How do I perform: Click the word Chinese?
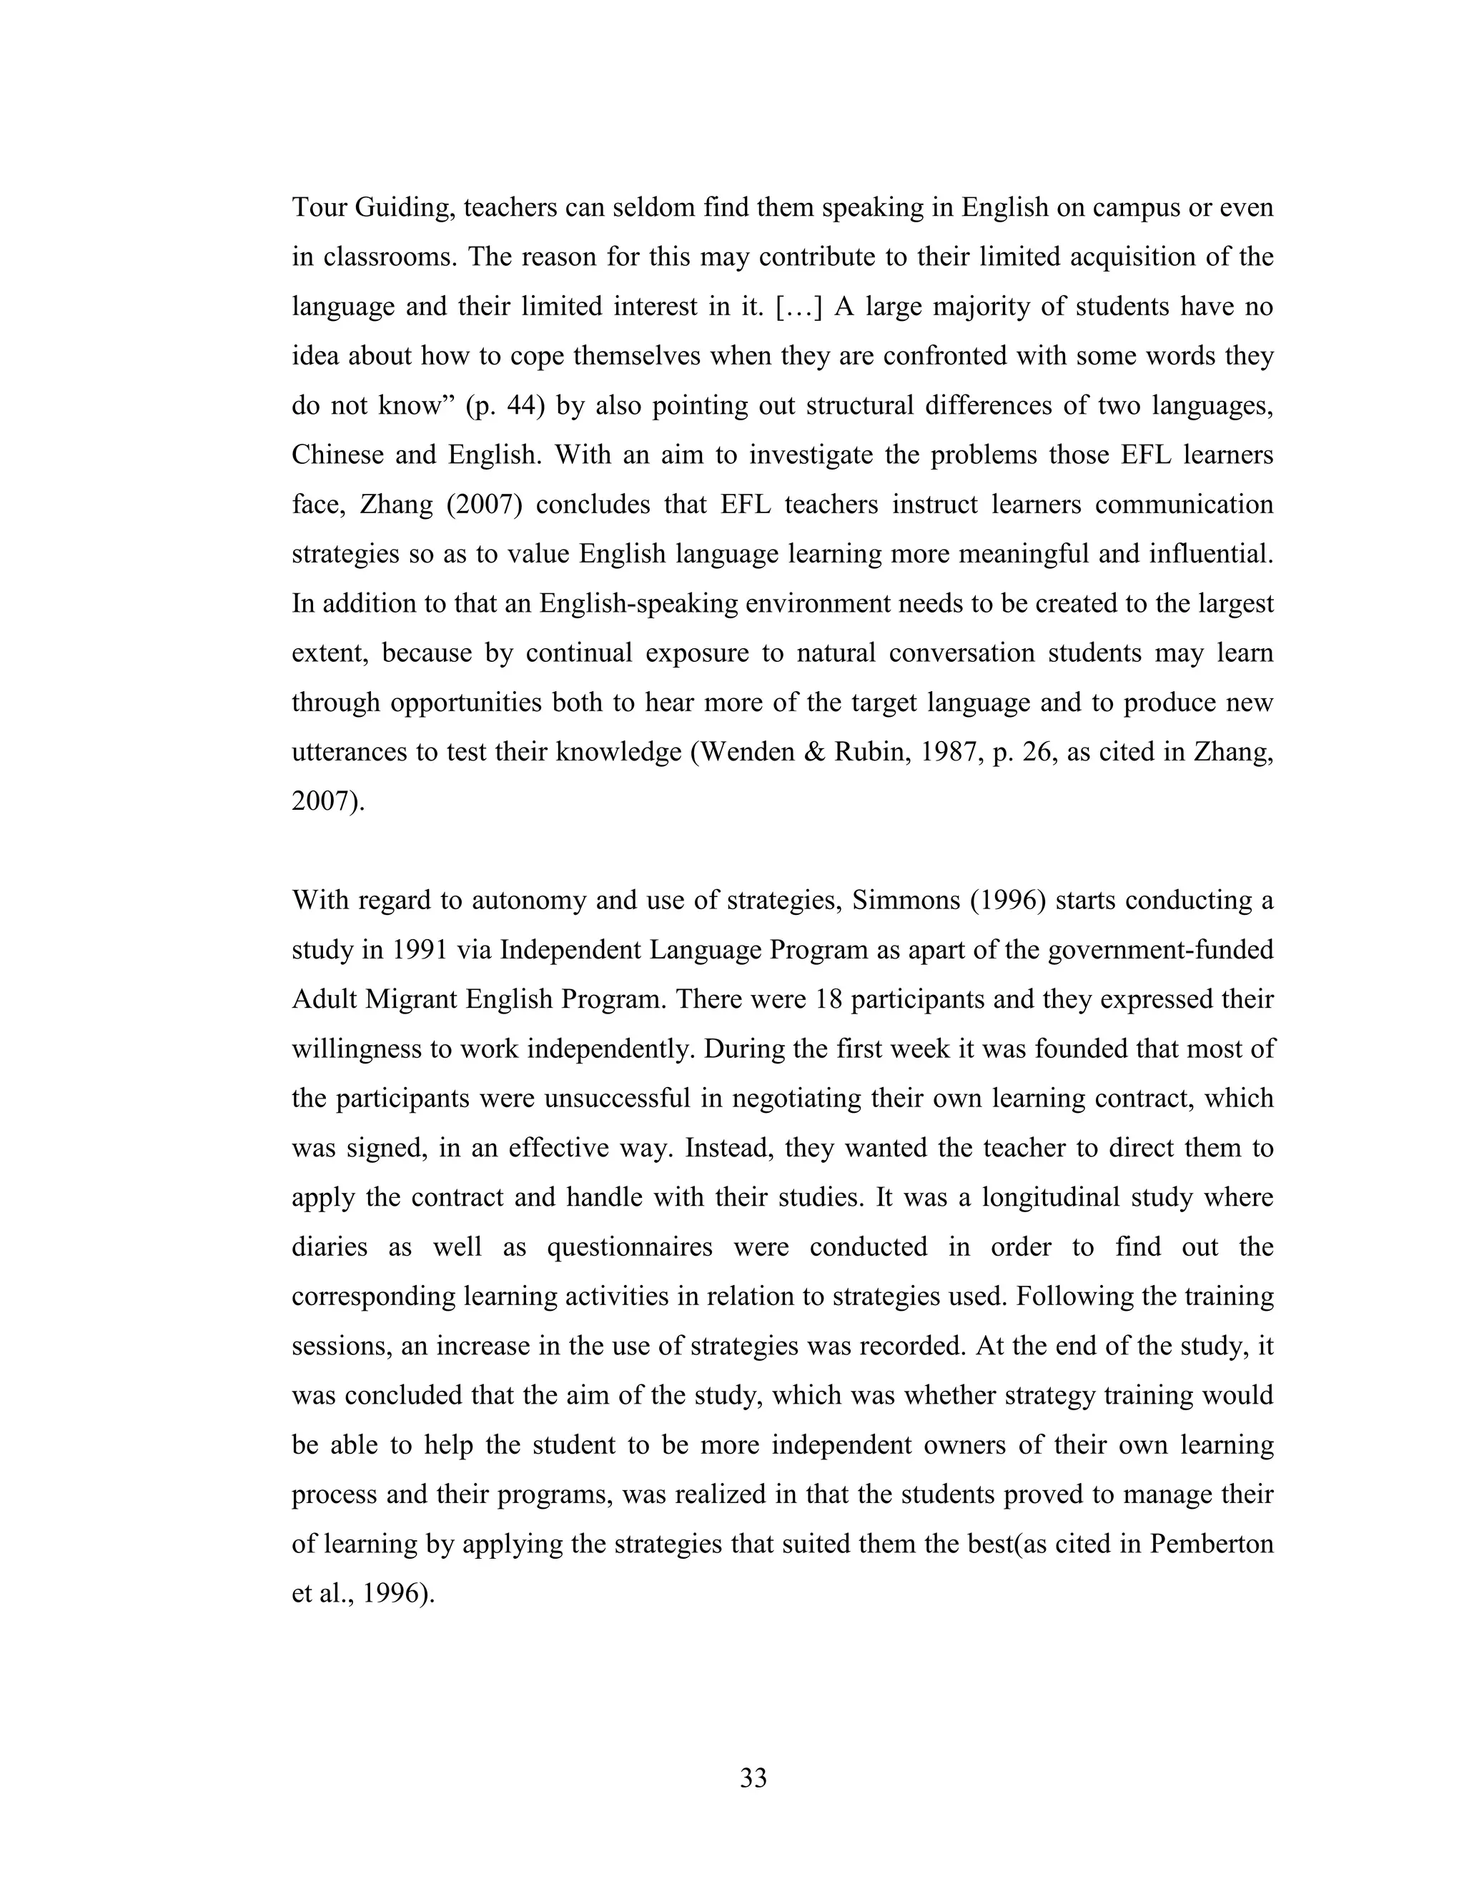[336, 455]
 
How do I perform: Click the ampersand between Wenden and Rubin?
[813, 752]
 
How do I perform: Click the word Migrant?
[411, 1000]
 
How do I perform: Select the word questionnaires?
[630, 1247]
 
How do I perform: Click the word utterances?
[350, 752]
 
